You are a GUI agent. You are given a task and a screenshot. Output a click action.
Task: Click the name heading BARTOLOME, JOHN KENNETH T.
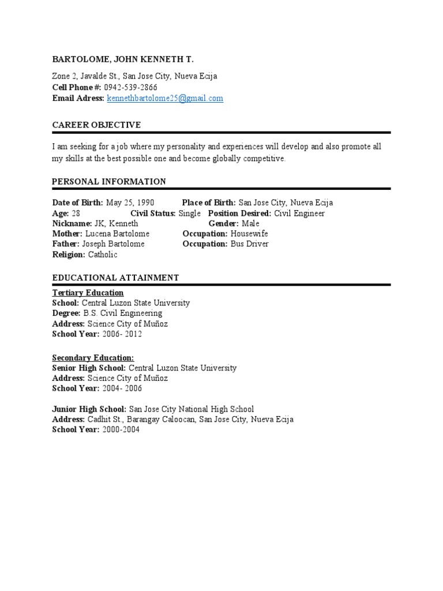pyautogui.click(x=123, y=59)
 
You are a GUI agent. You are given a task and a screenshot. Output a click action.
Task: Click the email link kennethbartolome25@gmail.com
pyautogui.click(x=165, y=99)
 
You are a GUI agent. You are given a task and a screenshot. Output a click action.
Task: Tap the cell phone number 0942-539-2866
pyautogui.click(x=130, y=87)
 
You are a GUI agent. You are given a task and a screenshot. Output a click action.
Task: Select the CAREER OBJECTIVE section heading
pyautogui.click(x=96, y=125)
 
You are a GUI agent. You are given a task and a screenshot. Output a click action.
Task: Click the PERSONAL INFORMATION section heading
pyautogui.click(x=109, y=181)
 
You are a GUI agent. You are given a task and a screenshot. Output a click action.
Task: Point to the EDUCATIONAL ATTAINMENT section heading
pyautogui.click(x=115, y=278)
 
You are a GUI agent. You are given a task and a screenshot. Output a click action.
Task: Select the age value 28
pyautogui.click(x=76, y=213)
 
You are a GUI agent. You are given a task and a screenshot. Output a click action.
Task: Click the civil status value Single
pyautogui.click(x=190, y=213)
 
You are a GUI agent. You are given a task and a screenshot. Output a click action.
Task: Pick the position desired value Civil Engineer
pyautogui.click(x=299, y=213)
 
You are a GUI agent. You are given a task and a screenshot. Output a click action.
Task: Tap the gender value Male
pyautogui.click(x=250, y=223)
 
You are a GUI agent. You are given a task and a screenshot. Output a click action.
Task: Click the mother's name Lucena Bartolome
pyautogui.click(x=117, y=234)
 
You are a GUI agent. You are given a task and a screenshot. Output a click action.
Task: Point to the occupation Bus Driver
pyautogui.click(x=249, y=244)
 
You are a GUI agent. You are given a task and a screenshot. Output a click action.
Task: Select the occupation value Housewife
pyautogui.click(x=249, y=234)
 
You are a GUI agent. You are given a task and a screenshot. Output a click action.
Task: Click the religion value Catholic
pyautogui.click(x=102, y=255)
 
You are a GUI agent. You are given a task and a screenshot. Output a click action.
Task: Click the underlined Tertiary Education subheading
pyautogui.click(x=88, y=293)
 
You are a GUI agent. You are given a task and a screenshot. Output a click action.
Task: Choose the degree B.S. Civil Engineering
pyautogui.click(x=123, y=313)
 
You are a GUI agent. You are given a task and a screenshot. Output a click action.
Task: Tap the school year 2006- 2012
pyautogui.click(x=122, y=334)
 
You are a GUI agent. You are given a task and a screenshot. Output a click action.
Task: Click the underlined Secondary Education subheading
pyautogui.click(x=93, y=358)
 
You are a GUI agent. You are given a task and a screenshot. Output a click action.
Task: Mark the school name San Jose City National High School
pyautogui.click(x=191, y=409)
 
